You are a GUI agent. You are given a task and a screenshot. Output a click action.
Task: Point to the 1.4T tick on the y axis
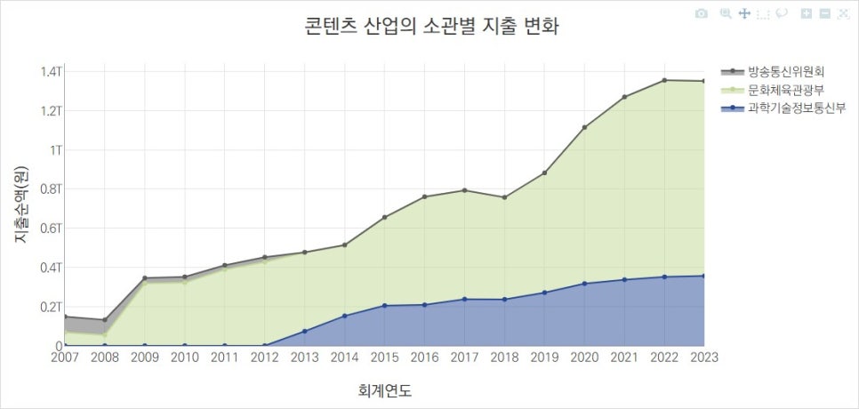(x=52, y=71)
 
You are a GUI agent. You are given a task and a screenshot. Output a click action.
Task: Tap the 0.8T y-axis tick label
(x=52, y=188)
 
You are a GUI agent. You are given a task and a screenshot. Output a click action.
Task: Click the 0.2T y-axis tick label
(x=52, y=307)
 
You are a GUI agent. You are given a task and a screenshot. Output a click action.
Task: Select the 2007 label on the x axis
(x=66, y=357)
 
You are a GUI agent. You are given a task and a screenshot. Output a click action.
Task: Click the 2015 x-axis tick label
(x=384, y=357)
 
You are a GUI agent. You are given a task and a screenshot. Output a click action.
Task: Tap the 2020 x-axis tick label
(x=584, y=357)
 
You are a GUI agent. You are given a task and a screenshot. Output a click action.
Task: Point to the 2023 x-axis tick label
(x=702, y=357)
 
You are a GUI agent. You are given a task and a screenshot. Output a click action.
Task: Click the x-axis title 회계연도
(x=384, y=390)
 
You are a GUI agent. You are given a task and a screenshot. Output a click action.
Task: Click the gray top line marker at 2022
(x=664, y=80)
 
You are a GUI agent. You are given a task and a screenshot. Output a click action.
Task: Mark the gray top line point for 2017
(x=464, y=190)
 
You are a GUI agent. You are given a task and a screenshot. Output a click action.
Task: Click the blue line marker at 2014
(x=345, y=316)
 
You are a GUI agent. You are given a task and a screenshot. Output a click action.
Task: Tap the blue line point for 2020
(x=584, y=284)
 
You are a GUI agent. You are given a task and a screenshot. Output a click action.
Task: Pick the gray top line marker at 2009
(x=145, y=278)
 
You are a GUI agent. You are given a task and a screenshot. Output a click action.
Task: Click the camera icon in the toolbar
(x=702, y=13)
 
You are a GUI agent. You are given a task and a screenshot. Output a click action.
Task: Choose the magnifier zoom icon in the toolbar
(x=726, y=13)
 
